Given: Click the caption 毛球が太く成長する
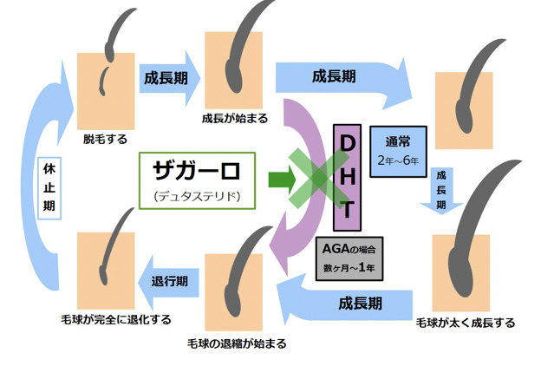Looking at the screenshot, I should (x=466, y=323).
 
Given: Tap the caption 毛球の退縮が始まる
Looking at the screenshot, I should (x=237, y=343).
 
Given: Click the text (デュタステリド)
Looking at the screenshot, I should (x=199, y=196).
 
